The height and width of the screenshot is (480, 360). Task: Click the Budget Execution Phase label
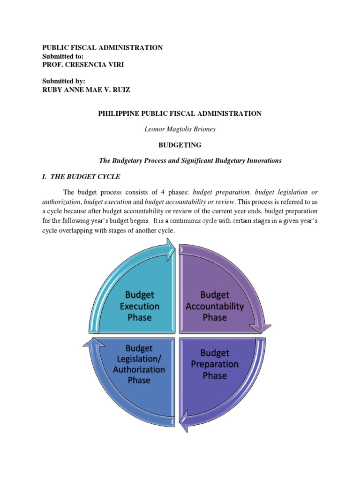(139, 306)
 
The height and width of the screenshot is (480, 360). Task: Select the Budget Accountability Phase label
(215, 306)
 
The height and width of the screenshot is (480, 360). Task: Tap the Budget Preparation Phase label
(215, 364)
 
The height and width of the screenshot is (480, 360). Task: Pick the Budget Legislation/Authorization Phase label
(139, 364)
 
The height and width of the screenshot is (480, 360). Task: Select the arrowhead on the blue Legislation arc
(90, 344)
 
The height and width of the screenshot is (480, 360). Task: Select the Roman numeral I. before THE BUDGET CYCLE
(45, 176)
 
